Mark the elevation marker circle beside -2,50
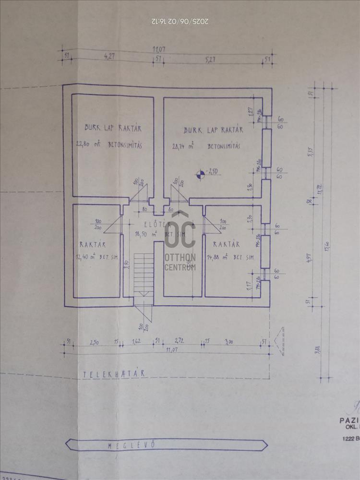(x=200, y=174)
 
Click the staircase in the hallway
(x=144, y=274)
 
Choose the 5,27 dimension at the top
(x=210, y=60)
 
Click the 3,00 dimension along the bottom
(x=229, y=341)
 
